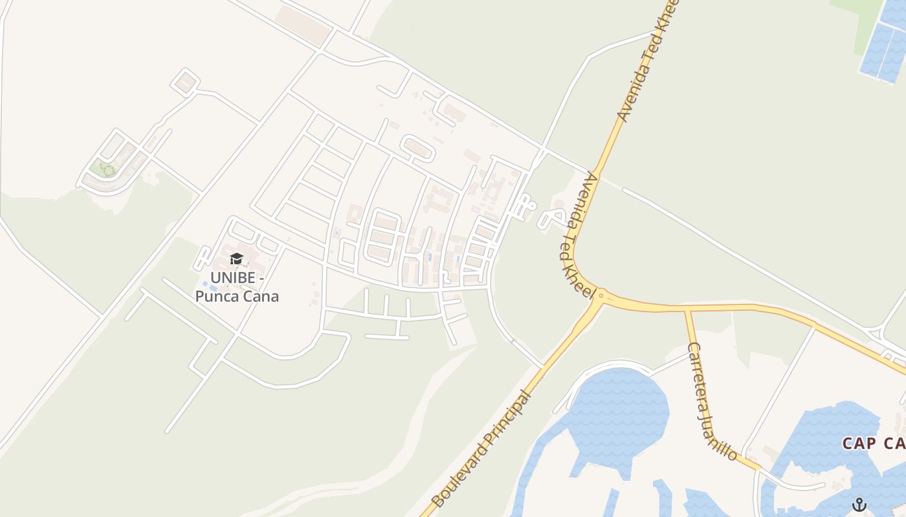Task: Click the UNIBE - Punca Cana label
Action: point(238,288)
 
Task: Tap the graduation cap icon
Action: point(236,259)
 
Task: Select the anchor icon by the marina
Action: point(859,504)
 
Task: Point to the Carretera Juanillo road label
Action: point(712,401)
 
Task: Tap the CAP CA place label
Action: point(874,443)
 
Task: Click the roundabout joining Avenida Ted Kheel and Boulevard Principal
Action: point(601,296)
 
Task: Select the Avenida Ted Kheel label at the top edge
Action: point(647,61)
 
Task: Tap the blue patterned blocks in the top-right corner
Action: point(883,42)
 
